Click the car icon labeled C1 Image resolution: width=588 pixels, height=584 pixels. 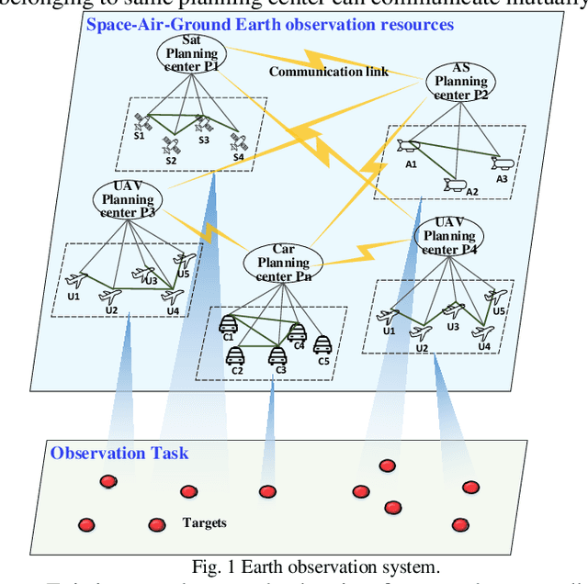click(x=228, y=323)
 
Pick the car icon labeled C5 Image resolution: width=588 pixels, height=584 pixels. click(x=322, y=344)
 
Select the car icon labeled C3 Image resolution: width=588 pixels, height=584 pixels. click(x=277, y=354)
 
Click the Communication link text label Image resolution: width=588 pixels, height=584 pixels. click(x=329, y=72)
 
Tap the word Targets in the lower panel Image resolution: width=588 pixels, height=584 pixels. click(x=204, y=522)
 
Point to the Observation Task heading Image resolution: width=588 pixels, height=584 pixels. click(x=119, y=453)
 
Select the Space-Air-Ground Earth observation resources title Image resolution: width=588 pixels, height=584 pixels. click(x=270, y=24)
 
